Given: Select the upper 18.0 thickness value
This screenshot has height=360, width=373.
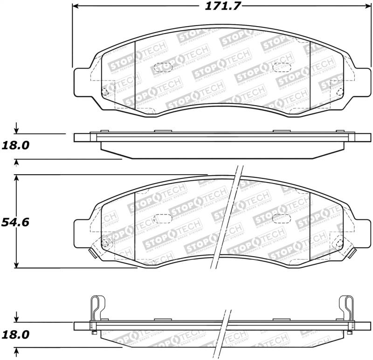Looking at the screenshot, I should coord(15,145).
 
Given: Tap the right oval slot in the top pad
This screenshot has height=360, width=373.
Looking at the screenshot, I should coord(281,66).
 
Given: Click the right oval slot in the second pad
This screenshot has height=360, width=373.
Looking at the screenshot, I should coord(281,217).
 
